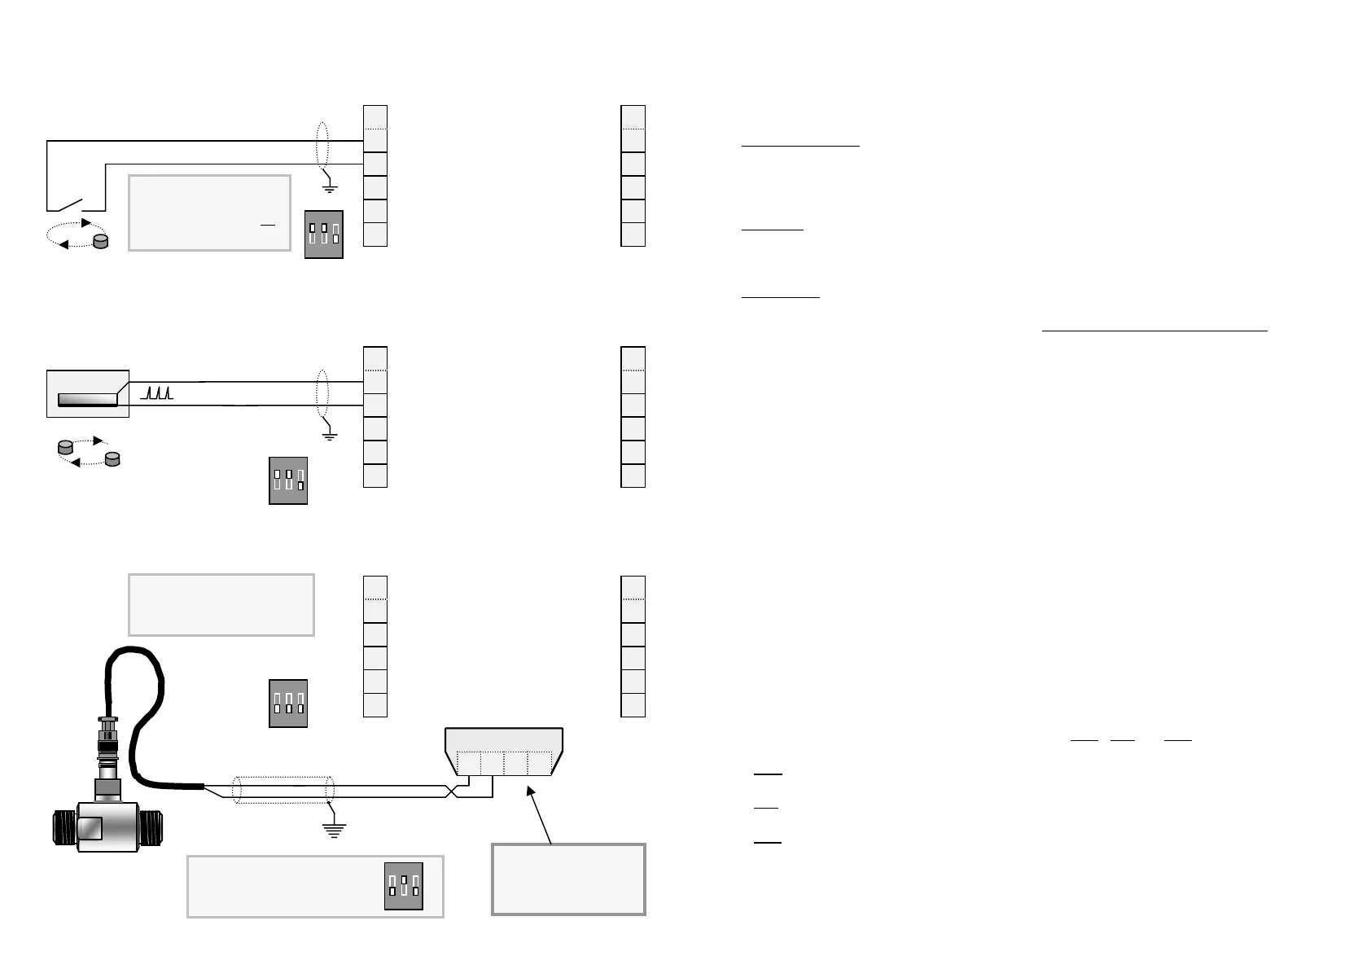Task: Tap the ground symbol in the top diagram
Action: tap(330, 188)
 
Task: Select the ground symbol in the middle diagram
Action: tap(330, 436)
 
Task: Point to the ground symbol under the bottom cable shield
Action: tap(333, 830)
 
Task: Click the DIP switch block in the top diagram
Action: tap(324, 235)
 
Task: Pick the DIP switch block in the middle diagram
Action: tap(288, 480)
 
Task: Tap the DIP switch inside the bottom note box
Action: tap(404, 886)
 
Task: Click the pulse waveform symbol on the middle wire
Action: tap(157, 393)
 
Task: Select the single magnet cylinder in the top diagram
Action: tap(101, 241)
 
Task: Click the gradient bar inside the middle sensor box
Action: tap(87, 399)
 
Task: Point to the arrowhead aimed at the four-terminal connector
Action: tap(532, 790)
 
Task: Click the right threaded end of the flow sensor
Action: tap(152, 827)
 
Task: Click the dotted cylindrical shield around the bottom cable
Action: tap(283, 790)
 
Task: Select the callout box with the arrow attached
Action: tap(568, 879)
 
